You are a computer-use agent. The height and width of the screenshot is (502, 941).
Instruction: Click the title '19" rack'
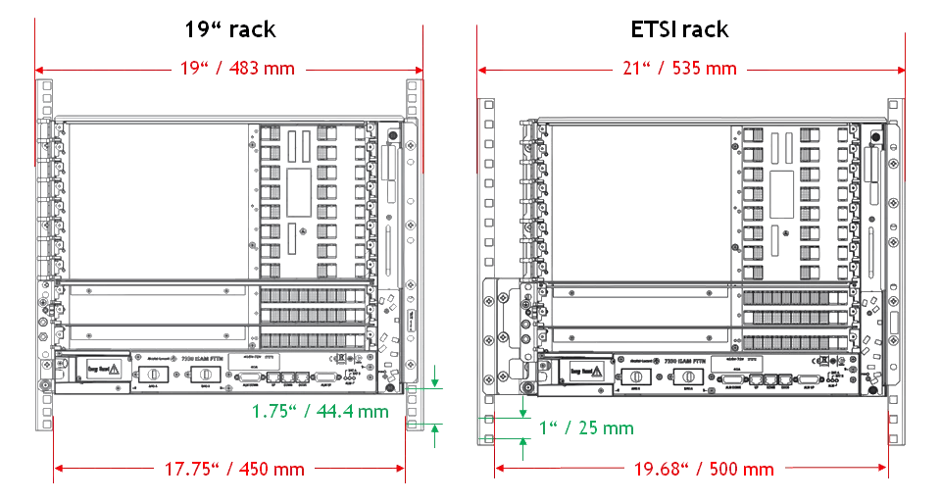tap(230, 28)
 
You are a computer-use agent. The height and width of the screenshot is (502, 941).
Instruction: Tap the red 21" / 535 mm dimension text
tap(680, 69)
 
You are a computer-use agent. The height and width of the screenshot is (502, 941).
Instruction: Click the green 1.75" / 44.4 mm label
tap(320, 411)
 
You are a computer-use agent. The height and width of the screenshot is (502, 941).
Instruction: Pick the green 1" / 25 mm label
tap(586, 427)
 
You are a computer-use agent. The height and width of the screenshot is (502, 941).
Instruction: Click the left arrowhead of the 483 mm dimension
tap(40, 71)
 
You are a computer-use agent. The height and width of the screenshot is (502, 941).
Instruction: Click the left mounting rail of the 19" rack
tap(44, 255)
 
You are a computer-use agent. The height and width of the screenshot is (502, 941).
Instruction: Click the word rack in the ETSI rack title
tap(706, 28)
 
